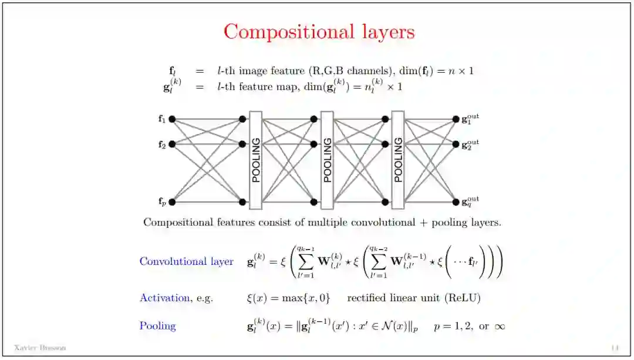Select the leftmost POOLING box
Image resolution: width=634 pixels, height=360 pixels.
255,160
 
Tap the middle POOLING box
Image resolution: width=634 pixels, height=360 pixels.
327,160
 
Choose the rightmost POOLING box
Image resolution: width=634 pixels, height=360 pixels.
398,160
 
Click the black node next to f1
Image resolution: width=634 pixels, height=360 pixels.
172,119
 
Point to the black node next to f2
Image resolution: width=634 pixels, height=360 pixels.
172,144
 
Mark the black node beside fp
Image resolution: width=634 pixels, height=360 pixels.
172,202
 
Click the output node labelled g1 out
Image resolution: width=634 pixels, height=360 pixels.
456,119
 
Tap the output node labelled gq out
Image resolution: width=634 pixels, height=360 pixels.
456,202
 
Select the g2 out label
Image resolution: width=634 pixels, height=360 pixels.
470,144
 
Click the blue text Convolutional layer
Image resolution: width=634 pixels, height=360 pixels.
186,261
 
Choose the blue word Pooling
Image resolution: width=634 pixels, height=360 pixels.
157,325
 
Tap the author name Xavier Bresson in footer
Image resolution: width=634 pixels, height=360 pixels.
40,348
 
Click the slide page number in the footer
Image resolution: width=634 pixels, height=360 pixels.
615,348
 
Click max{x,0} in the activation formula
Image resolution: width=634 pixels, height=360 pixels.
304,298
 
